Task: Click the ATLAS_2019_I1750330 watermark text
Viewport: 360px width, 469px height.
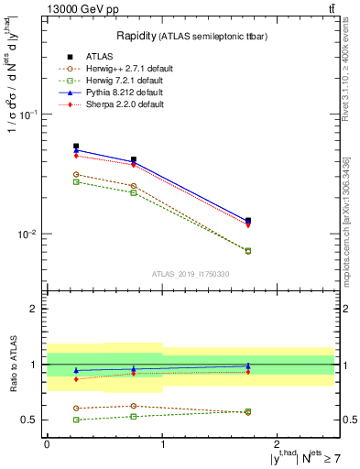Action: click(x=190, y=274)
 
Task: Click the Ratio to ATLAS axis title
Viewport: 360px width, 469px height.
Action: click(x=16, y=364)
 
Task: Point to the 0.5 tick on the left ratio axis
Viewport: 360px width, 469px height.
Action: click(x=29, y=420)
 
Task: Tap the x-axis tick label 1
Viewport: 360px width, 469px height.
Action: click(x=162, y=442)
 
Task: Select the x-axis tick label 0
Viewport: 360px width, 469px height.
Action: click(x=47, y=442)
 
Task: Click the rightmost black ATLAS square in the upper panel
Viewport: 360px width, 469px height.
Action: click(x=248, y=220)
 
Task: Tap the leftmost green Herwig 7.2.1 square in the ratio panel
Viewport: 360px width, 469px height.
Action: click(x=76, y=420)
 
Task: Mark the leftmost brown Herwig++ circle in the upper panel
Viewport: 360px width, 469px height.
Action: click(x=76, y=174)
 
